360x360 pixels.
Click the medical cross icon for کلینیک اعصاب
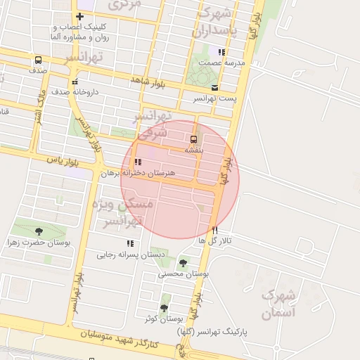click(x=80, y=16)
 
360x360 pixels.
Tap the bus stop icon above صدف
click(x=37, y=60)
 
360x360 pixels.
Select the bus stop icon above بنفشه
click(x=193, y=139)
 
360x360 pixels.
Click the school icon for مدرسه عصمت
click(x=222, y=52)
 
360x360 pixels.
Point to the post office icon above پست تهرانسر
click(x=214, y=88)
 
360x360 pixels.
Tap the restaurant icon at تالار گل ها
click(x=215, y=230)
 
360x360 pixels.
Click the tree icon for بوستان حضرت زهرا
click(x=38, y=231)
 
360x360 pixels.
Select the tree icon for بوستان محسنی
click(x=183, y=263)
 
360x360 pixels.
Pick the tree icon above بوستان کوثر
click(x=165, y=308)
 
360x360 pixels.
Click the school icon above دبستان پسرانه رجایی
click(x=130, y=243)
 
